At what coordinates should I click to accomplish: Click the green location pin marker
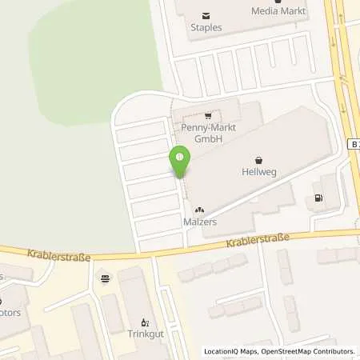click(180, 162)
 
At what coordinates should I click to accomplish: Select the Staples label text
click(206, 27)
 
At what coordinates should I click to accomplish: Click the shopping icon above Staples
click(206, 15)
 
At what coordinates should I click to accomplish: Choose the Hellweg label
click(258, 172)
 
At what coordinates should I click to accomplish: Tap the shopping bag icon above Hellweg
click(258, 159)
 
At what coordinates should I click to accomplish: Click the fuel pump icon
click(319, 198)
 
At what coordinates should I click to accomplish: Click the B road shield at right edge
click(354, 143)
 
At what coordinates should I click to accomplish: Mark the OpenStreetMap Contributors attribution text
click(303, 351)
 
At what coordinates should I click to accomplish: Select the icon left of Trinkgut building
click(106, 278)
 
